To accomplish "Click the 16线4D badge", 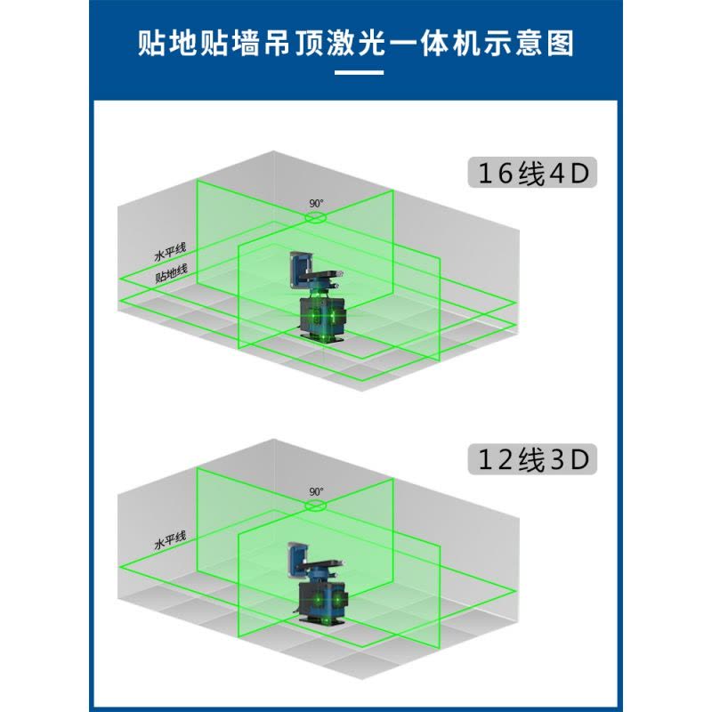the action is coord(532,173).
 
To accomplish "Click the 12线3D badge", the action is coord(532,459).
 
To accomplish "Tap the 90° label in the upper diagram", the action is coord(317,204).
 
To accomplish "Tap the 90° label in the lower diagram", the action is coord(317,492).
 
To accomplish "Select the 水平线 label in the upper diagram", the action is coord(170,253).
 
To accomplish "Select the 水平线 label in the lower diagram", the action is coord(170,540).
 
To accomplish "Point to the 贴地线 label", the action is coord(171,274).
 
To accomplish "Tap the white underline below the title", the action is coord(360,72).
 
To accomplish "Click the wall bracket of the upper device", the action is coord(300,270).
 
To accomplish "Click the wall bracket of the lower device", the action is coord(299,560).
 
